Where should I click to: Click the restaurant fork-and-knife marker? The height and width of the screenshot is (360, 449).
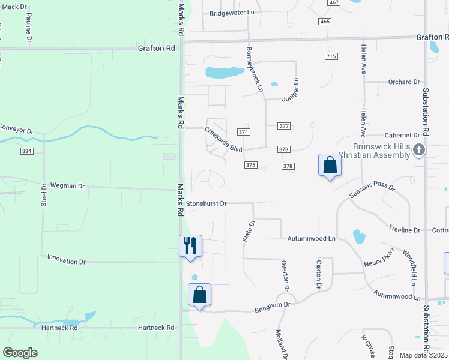pyautogui.click(x=191, y=245)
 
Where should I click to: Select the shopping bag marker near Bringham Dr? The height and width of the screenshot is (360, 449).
pyautogui.click(x=200, y=295)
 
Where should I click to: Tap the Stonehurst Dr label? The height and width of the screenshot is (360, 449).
pyautogui.click(x=206, y=203)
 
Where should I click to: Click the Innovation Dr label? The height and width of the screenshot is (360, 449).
pyautogui.click(x=67, y=262)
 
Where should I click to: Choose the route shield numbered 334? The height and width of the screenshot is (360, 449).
pyautogui.click(x=27, y=151)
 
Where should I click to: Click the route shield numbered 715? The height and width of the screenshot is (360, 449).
pyautogui.click(x=330, y=56)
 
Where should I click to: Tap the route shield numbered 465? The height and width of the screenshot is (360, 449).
pyautogui.click(x=325, y=21)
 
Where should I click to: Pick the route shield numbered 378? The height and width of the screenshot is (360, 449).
pyautogui.click(x=288, y=166)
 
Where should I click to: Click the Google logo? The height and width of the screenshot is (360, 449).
pyautogui.click(x=20, y=353)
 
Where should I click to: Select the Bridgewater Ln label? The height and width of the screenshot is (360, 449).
pyautogui.click(x=228, y=13)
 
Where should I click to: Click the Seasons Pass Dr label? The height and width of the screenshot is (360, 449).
pyautogui.click(x=372, y=192)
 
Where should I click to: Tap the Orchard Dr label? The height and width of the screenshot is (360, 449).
pyautogui.click(x=403, y=82)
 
